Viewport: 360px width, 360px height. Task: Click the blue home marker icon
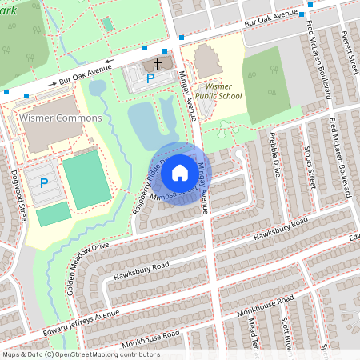[180, 173]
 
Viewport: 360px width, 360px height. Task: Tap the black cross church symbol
[157, 63]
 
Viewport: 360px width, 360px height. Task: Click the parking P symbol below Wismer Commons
[44, 183]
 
